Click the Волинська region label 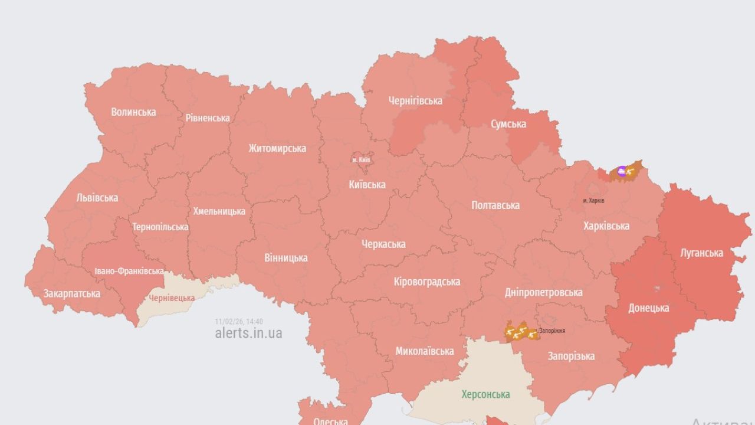(133, 112)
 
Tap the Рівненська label (208, 118)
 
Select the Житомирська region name (277, 148)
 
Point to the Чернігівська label (415, 101)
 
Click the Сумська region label (508, 124)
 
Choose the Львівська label (97, 198)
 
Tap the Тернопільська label (160, 227)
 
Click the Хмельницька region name (219, 211)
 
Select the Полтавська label (495, 205)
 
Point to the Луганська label (701, 253)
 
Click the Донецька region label (649, 308)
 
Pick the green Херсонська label (486, 394)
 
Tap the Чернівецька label (172, 298)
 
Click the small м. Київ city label (362, 160)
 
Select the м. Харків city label (593, 201)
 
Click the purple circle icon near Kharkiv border (621, 172)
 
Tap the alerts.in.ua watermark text (248, 333)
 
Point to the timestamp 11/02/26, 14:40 (239, 322)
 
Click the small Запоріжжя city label (552, 331)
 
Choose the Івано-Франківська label (129, 272)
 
